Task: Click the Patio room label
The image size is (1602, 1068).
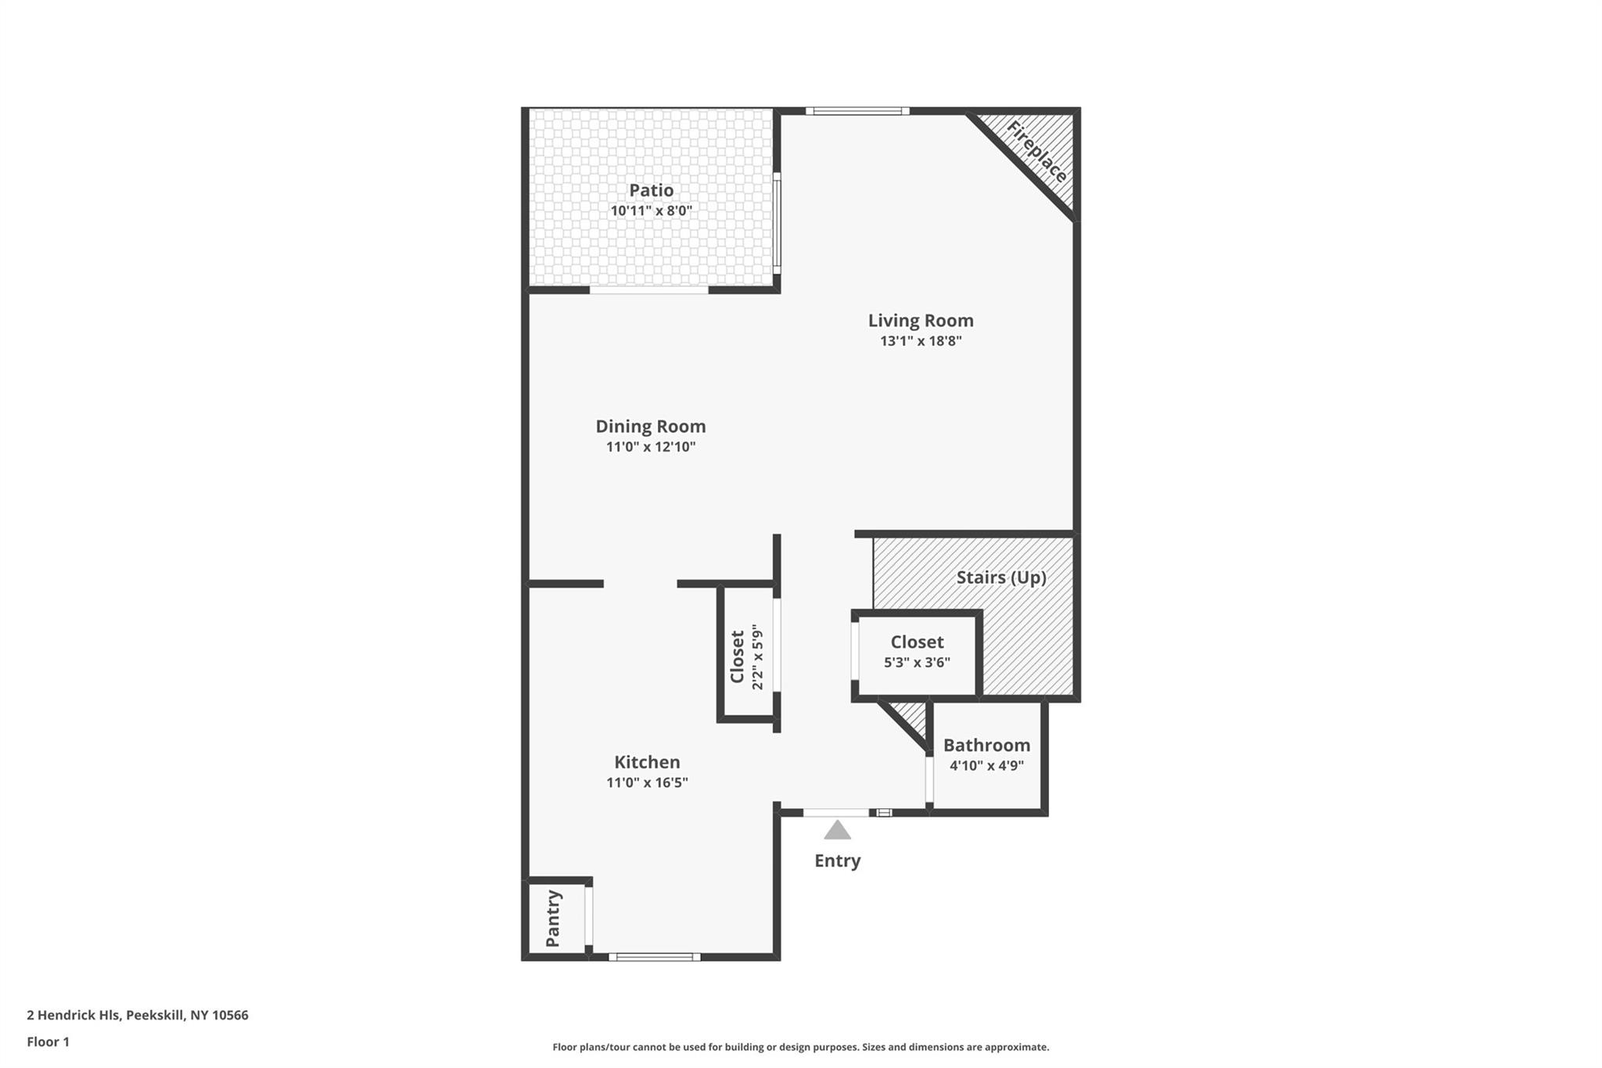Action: click(x=651, y=190)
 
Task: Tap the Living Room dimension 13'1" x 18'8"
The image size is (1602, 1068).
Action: click(x=921, y=341)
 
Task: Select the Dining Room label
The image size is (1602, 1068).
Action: click(x=651, y=426)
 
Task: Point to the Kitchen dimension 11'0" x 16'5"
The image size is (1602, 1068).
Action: click(x=647, y=782)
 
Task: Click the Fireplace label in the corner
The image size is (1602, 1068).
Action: click(x=1036, y=152)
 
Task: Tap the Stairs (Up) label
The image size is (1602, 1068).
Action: click(x=1001, y=577)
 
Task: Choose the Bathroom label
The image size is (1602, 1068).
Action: click(x=986, y=745)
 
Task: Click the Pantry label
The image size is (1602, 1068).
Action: click(x=553, y=919)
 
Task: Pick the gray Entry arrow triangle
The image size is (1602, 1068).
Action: click(x=837, y=829)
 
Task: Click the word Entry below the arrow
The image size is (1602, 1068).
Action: click(x=837, y=861)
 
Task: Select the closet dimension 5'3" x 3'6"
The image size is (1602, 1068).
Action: click(x=917, y=663)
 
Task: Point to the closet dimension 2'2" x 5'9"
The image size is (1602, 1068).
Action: click(x=757, y=657)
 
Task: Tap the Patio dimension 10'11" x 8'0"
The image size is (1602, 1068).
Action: click(x=651, y=211)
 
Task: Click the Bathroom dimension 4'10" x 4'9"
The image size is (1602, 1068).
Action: click(x=986, y=766)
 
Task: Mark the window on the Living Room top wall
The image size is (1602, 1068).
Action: click(x=857, y=111)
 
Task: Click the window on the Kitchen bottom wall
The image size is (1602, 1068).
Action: click(x=655, y=956)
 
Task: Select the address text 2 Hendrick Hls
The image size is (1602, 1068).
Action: click(x=73, y=1016)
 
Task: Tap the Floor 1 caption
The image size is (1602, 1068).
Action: click(x=48, y=1042)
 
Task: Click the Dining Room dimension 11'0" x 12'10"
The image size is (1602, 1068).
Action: click(x=651, y=448)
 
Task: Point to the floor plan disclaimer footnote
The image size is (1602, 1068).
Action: click(x=801, y=1047)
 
